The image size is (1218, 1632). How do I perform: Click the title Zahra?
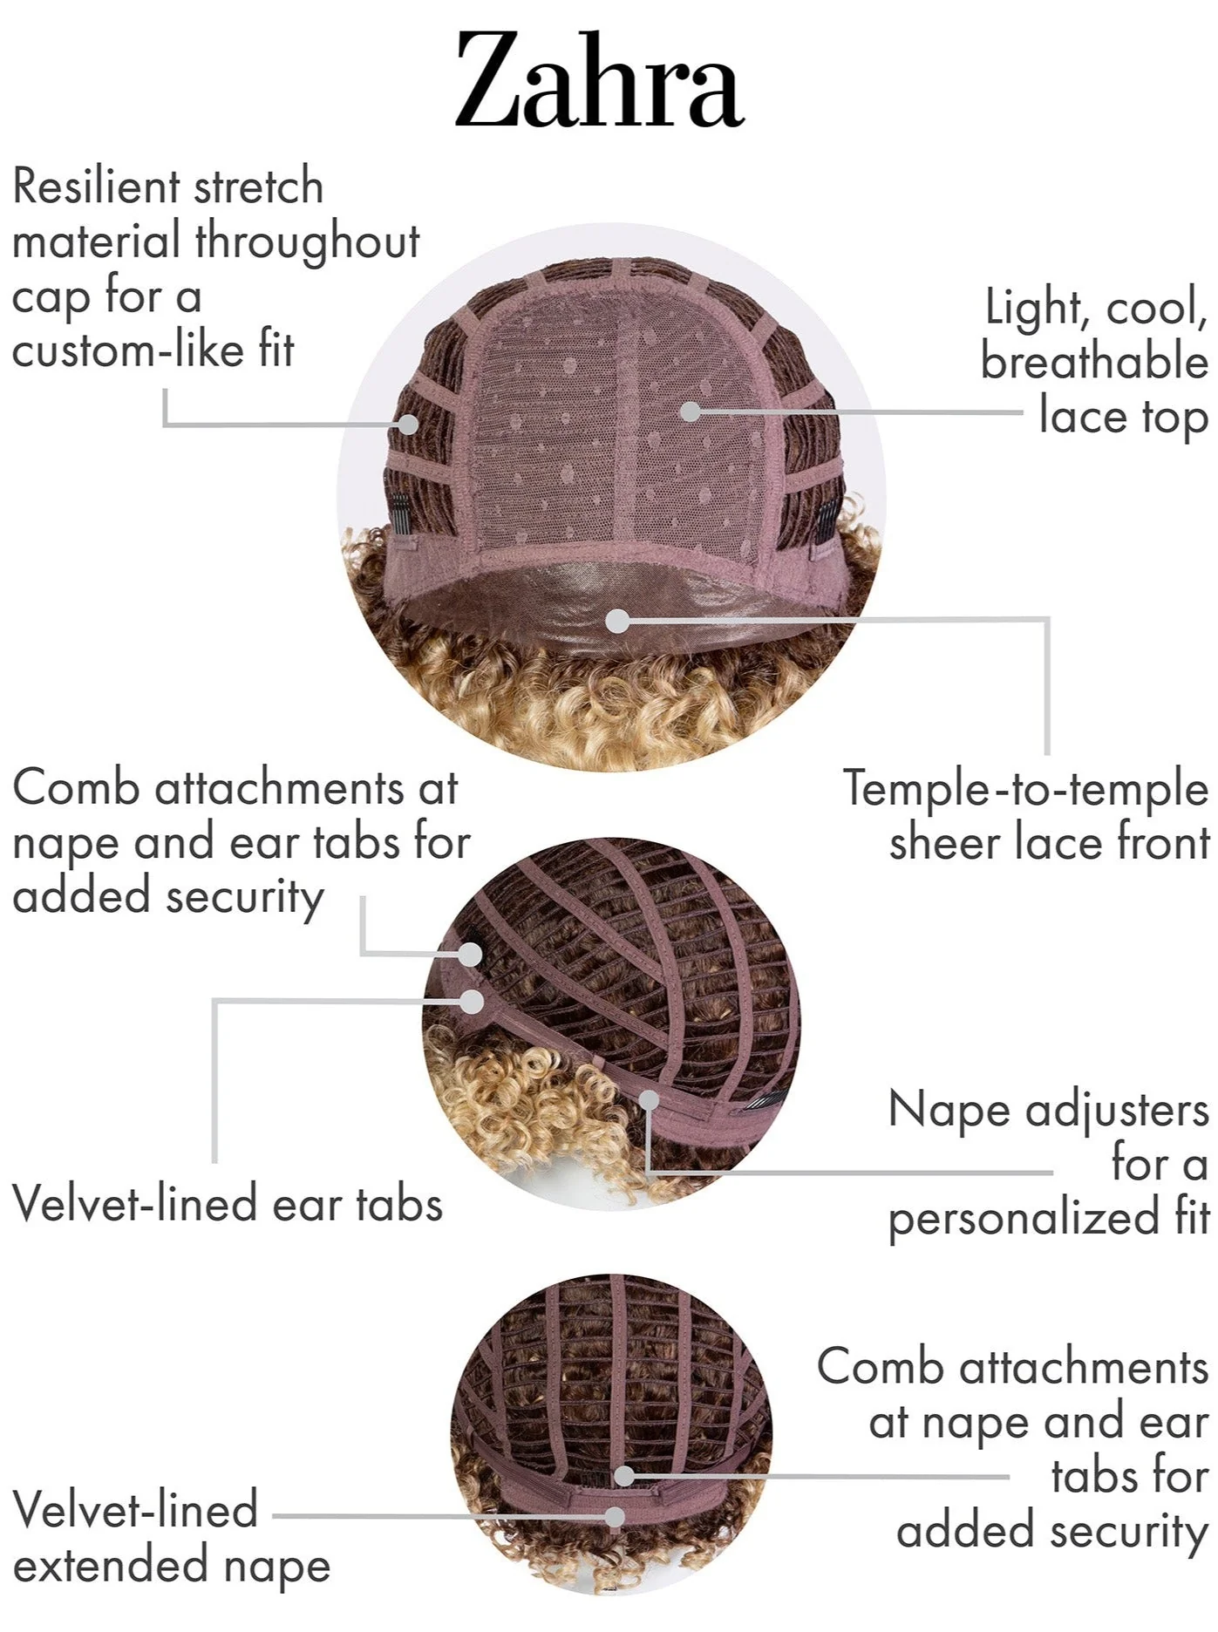click(599, 80)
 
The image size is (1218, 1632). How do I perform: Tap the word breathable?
click(1095, 361)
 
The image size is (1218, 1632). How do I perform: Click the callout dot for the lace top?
click(690, 410)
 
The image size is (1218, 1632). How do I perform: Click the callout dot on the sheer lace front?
click(617, 621)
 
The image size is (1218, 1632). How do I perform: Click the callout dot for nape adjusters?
click(650, 1099)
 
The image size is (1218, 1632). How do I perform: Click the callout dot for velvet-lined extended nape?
click(616, 1516)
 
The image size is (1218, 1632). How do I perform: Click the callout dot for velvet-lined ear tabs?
click(473, 1001)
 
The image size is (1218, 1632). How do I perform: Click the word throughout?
click(308, 242)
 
